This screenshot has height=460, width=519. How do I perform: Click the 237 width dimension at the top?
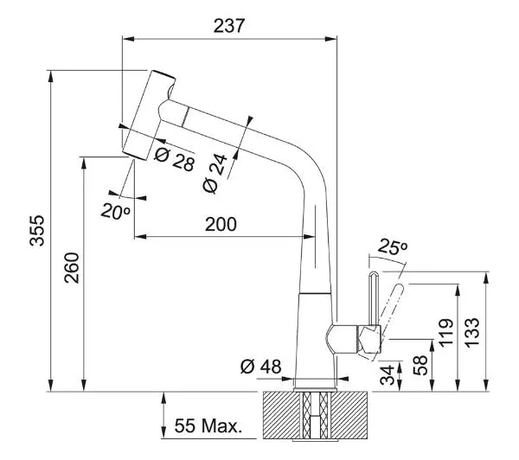click(229, 25)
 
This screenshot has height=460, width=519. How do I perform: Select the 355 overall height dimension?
click(36, 230)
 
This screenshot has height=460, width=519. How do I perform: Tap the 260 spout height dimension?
click(72, 268)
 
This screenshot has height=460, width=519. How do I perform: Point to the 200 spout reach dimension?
click(221, 224)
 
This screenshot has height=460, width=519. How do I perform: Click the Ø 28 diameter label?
click(175, 159)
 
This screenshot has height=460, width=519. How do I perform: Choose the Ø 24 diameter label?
click(215, 173)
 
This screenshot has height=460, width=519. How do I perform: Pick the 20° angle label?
click(116, 211)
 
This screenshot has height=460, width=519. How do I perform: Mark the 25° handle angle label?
click(392, 246)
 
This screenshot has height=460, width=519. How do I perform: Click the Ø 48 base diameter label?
click(261, 367)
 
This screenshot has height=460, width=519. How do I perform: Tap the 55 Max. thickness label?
click(208, 425)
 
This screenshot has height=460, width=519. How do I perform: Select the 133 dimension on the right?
click(471, 332)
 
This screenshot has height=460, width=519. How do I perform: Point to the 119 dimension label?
click(445, 332)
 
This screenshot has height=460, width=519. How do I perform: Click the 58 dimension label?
click(420, 365)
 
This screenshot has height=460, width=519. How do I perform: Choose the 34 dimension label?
click(388, 375)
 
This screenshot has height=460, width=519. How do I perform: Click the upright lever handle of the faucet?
click(374, 298)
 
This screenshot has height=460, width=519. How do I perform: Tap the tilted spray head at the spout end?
click(149, 115)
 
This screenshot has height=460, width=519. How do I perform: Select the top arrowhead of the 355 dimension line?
click(51, 76)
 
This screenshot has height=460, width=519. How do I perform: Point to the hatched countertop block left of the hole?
click(282, 415)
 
